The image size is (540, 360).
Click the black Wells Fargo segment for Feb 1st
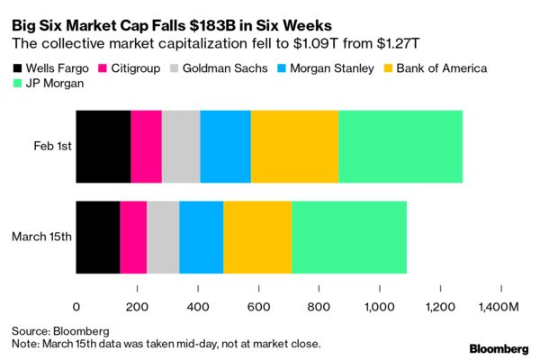103,147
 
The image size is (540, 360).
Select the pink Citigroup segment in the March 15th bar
133,237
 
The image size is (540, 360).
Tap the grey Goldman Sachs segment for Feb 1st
181,147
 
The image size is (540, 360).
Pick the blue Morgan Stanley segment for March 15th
201,237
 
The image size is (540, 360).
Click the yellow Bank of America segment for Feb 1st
294,147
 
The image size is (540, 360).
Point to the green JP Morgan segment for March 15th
348,237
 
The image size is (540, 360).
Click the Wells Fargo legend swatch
18,68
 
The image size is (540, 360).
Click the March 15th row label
41,237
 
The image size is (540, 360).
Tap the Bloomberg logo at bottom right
499,346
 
